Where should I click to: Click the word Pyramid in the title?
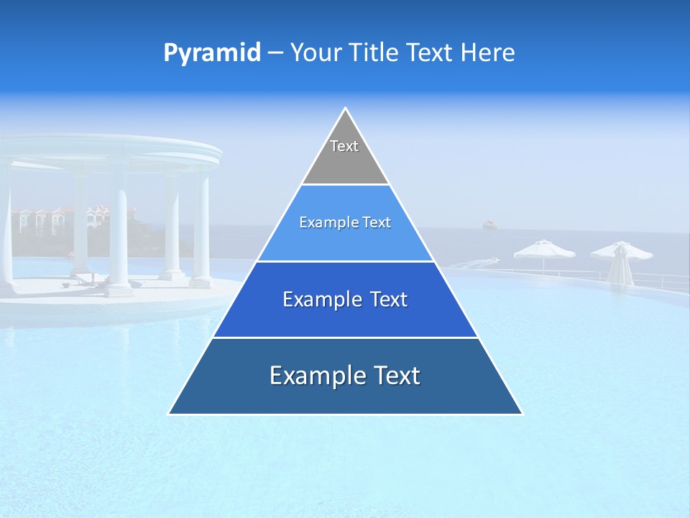(x=211, y=53)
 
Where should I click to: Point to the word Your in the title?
(x=314, y=53)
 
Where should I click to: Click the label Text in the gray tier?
(x=344, y=146)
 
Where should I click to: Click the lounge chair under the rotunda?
(x=90, y=280)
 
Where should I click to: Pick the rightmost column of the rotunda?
(x=202, y=230)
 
